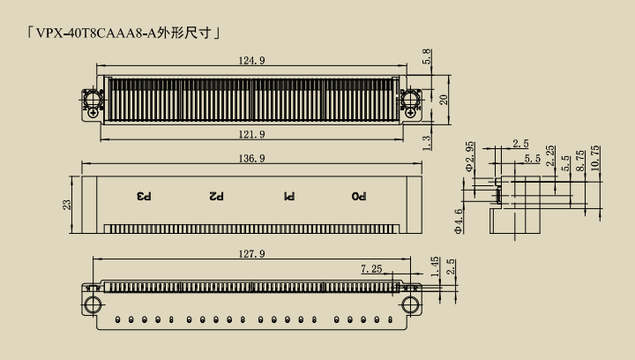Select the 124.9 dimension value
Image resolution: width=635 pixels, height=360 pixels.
251,61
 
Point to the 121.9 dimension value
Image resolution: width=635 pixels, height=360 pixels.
251,134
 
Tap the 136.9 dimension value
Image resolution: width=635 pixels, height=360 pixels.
251,158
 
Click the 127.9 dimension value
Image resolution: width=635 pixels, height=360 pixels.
251,254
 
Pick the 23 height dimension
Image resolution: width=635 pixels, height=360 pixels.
67,205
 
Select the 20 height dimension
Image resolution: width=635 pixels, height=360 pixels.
444,100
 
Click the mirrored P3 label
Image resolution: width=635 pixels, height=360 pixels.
144,197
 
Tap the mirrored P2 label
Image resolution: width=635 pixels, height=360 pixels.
216,197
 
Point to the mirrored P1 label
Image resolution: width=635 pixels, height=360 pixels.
288,197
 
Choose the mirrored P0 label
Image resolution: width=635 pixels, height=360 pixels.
359,197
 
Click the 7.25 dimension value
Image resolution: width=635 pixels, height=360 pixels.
371,269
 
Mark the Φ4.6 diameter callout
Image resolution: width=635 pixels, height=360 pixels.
459,221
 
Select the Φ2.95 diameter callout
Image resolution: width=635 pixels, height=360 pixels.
469,157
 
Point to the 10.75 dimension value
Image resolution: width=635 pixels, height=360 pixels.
595,158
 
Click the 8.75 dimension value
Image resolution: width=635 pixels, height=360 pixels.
580,161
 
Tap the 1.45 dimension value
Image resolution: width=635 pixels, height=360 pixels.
436,266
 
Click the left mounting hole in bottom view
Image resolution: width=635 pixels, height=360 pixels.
93,305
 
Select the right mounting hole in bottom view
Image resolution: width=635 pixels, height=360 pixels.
410,305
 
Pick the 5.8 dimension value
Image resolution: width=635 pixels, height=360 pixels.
427,56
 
